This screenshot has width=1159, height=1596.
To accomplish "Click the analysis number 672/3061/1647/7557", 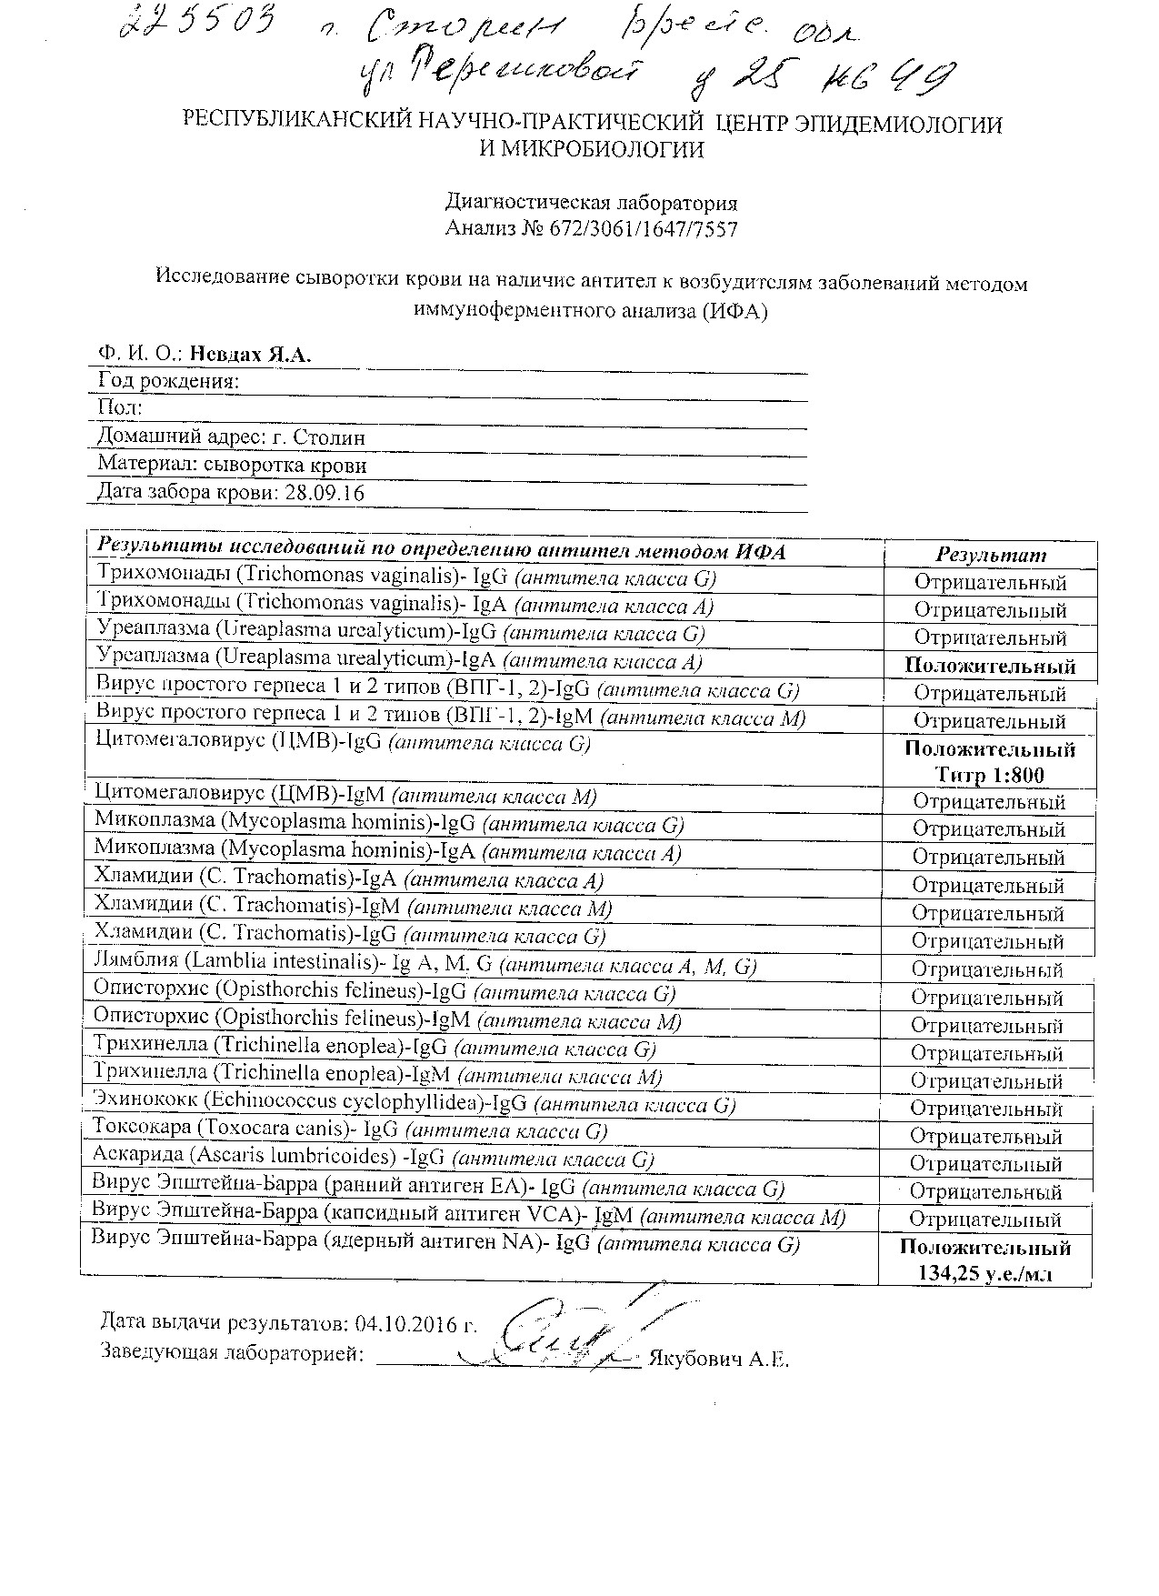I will point(644,229).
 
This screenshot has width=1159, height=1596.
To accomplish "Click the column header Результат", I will point(991,555).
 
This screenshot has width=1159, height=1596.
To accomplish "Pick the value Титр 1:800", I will point(989,776).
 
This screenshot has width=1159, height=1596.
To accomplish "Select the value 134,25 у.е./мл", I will point(985,1273).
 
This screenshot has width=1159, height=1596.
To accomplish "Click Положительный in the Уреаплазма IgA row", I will point(990,666).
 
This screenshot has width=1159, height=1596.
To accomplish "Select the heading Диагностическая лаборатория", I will point(591,202).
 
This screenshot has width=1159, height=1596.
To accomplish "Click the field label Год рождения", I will point(168,381).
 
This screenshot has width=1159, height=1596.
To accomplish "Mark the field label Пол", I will point(119,408).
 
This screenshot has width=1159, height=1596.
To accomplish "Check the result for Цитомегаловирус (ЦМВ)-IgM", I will point(989,802).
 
